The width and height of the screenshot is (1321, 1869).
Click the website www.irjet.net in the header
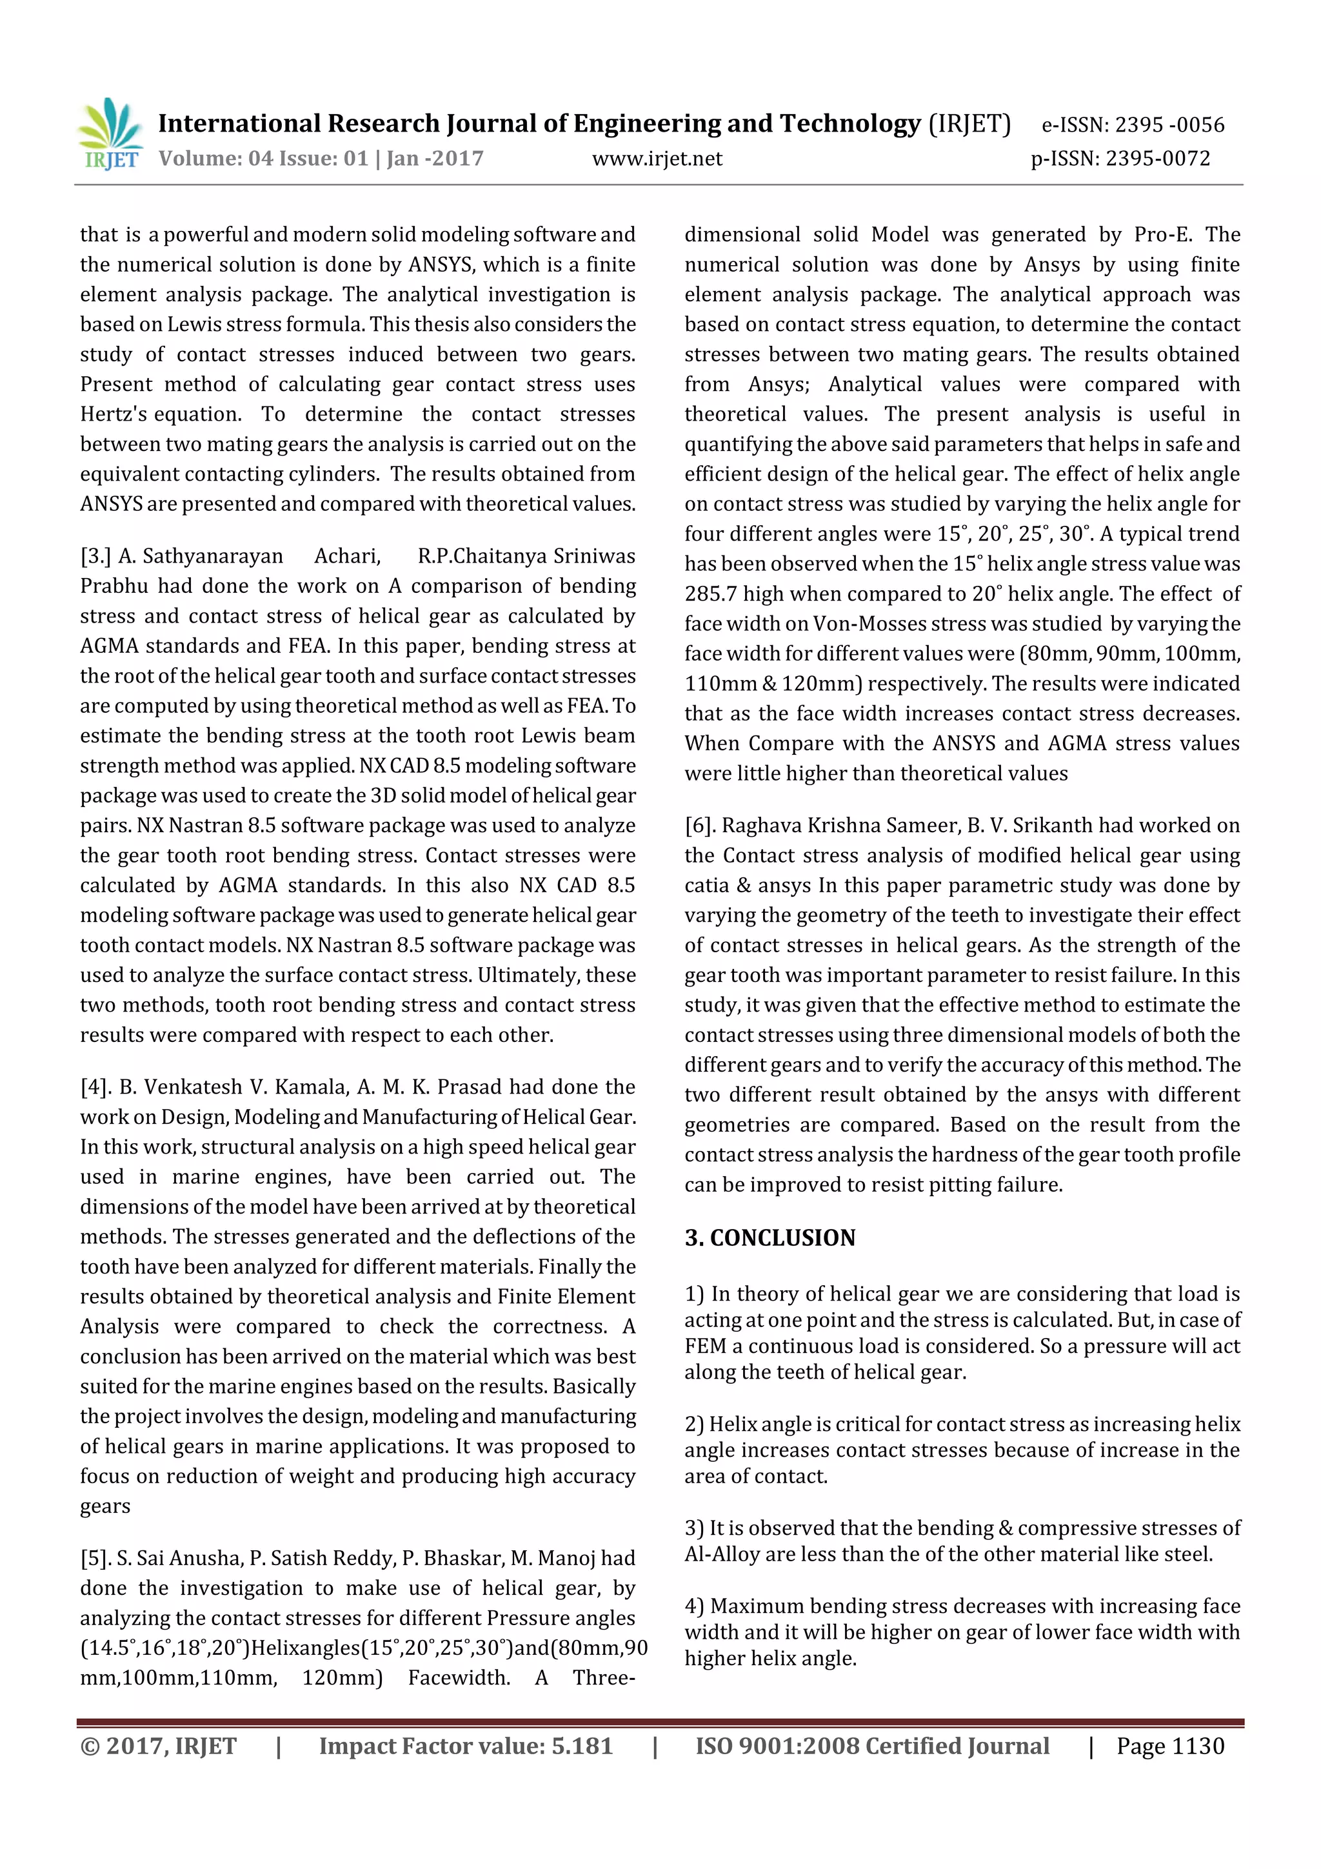pyautogui.click(x=657, y=159)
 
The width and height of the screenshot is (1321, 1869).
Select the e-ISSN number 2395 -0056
pyautogui.click(x=1169, y=125)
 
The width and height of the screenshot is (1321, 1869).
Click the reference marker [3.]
pyautogui.click(x=95, y=556)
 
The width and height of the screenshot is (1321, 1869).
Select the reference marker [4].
pyautogui.click(x=95, y=1086)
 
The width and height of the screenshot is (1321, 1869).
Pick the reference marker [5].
pyautogui.click(x=95, y=1558)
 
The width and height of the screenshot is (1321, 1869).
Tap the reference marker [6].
pyautogui.click(x=700, y=825)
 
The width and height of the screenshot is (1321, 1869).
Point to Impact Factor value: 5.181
pyautogui.click(x=465, y=1746)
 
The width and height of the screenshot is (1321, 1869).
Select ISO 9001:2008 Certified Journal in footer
pyautogui.click(x=871, y=1746)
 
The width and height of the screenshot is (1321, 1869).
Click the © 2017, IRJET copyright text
pyautogui.click(x=158, y=1746)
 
